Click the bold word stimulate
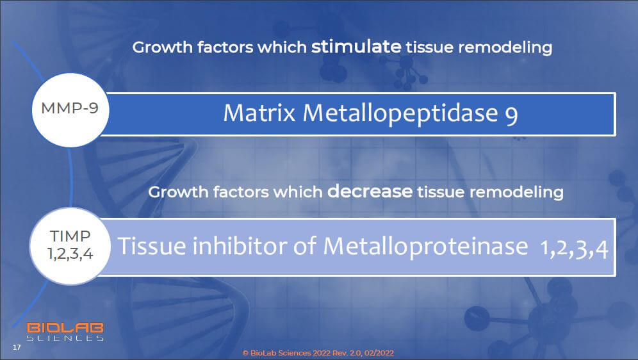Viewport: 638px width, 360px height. [x=356, y=46]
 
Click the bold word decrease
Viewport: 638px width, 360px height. [x=370, y=191]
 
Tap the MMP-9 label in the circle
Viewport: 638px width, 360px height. [x=70, y=108]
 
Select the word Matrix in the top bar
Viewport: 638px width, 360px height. [x=259, y=113]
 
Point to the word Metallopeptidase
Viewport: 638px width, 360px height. [x=400, y=114]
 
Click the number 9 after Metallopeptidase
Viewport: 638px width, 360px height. [x=511, y=115]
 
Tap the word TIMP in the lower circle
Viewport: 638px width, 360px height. [x=70, y=236]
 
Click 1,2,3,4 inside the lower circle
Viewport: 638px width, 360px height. [x=70, y=254]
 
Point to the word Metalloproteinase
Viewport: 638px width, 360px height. [x=425, y=246]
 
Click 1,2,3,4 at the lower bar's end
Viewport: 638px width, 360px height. [x=574, y=248]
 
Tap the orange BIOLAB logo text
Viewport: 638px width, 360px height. [x=65, y=328]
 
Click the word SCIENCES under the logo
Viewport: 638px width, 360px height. [x=65, y=338]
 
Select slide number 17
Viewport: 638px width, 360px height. [x=17, y=347]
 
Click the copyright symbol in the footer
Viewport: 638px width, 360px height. [x=245, y=353]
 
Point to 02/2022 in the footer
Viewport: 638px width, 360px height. [x=379, y=353]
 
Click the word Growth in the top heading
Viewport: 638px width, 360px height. [x=162, y=47]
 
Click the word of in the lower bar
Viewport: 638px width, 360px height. [x=304, y=246]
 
